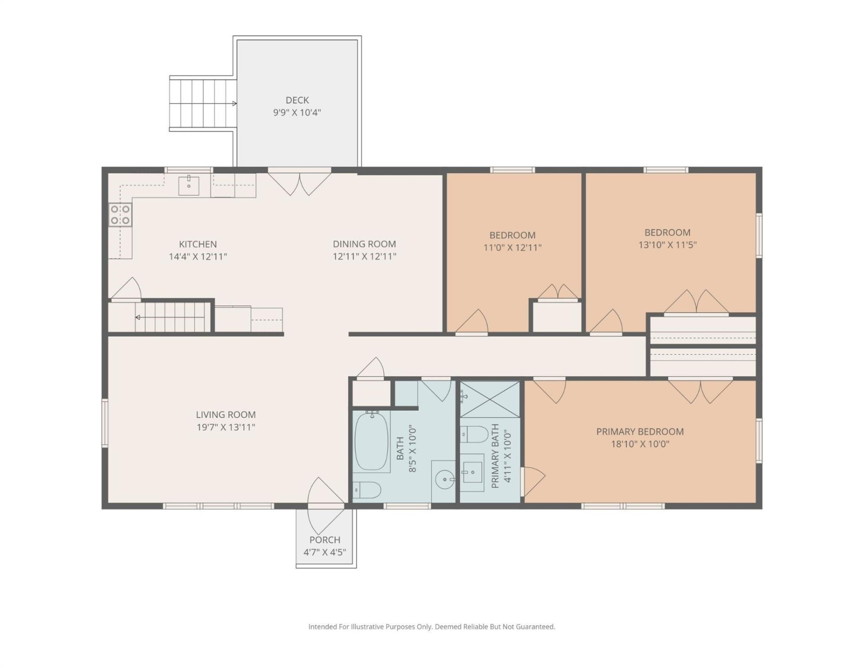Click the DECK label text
click(x=297, y=100)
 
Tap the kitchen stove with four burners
click(x=120, y=215)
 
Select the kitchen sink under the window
click(x=189, y=186)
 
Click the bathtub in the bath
click(x=371, y=441)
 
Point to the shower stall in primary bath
click(x=490, y=399)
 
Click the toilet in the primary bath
click(x=474, y=435)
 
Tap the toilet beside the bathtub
click(x=367, y=490)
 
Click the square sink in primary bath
click(x=472, y=472)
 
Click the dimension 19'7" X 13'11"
click(x=226, y=427)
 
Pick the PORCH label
click(x=325, y=540)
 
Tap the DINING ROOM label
click(x=364, y=244)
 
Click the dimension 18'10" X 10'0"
click(x=640, y=444)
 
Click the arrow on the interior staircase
click(x=138, y=317)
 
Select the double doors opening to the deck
click(x=300, y=183)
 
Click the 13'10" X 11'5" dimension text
click(x=667, y=245)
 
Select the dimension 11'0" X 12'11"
click(x=512, y=248)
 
